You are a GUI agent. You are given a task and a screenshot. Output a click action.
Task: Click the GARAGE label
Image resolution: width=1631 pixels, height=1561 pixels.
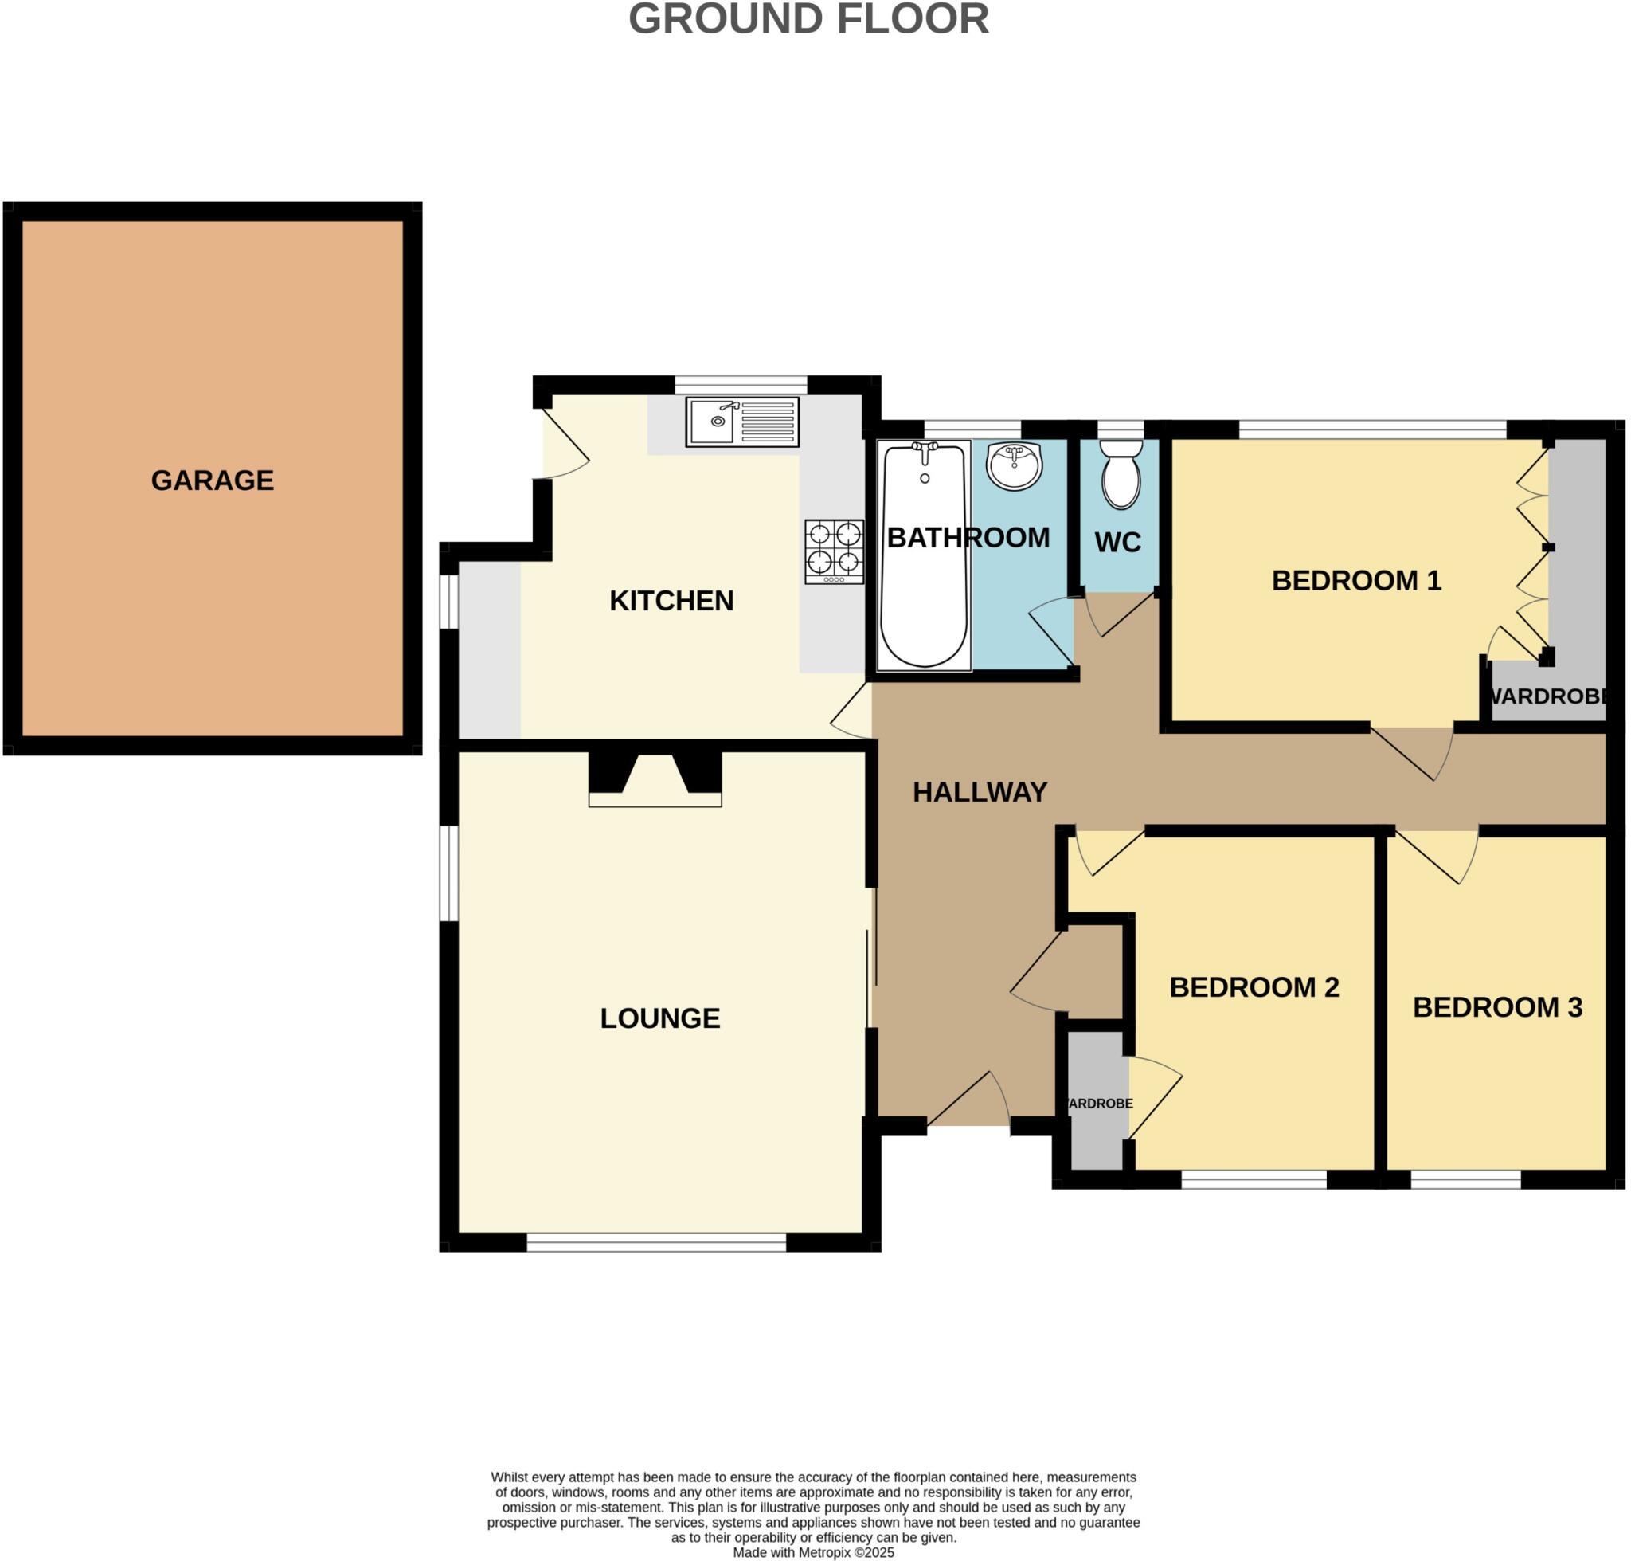(x=212, y=480)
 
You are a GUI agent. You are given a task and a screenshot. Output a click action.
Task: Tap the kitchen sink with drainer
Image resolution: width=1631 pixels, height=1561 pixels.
(x=741, y=422)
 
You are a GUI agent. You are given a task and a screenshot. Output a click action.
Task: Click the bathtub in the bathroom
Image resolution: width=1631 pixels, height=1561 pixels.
(x=922, y=555)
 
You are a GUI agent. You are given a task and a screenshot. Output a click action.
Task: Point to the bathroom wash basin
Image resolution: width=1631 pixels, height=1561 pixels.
(x=1013, y=465)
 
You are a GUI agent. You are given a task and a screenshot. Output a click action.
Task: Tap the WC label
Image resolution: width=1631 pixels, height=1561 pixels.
(x=1117, y=543)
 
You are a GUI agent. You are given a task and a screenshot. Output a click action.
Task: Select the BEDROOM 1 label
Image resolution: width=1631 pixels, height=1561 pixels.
(x=1355, y=580)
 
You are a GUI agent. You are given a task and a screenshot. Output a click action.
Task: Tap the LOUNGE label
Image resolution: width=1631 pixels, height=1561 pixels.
(x=659, y=1018)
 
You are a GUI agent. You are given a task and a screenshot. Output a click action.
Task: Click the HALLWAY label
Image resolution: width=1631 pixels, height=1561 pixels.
(x=979, y=792)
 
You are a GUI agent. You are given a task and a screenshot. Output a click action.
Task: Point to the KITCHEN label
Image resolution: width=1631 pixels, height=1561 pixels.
(x=671, y=601)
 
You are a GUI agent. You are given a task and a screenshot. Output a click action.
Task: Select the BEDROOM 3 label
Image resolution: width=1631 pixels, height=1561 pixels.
(x=1497, y=1008)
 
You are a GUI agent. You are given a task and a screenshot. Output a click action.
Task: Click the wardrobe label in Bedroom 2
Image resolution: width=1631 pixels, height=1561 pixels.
(x=1099, y=1104)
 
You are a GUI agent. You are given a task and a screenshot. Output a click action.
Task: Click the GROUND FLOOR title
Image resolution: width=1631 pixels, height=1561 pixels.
(x=808, y=18)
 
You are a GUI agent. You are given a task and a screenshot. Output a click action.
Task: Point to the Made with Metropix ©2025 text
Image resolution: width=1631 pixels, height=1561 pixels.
(x=812, y=1553)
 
